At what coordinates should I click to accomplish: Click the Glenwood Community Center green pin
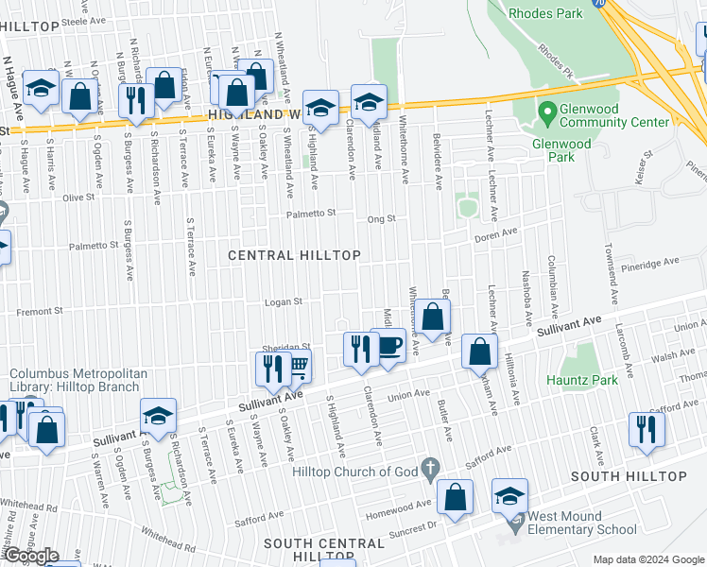pos(545,112)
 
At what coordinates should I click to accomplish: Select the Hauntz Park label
pos(582,380)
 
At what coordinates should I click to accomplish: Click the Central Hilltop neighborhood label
pos(294,255)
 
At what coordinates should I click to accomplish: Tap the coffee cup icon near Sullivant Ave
pos(389,346)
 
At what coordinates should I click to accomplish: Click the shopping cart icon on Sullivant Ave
pos(298,368)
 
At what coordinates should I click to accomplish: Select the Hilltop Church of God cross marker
pos(430,466)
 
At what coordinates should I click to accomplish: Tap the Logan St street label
pos(283,302)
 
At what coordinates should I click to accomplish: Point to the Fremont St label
pos(39,310)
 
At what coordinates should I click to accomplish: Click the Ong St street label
pos(381,219)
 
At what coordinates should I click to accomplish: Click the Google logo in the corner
pos(30,556)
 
